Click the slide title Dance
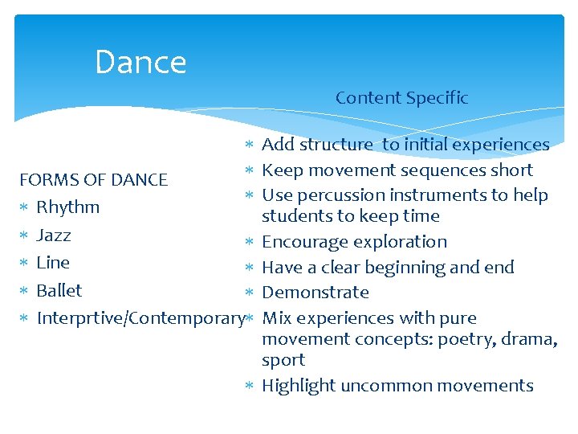click(140, 63)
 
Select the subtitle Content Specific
click(401, 98)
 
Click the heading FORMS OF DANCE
click(93, 179)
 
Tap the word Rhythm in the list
click(68, 207)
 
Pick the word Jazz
click(54, 235)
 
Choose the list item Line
click(53, 263)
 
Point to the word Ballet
click(59, 290)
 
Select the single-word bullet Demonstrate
click(315, 293)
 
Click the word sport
click(283, 360)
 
